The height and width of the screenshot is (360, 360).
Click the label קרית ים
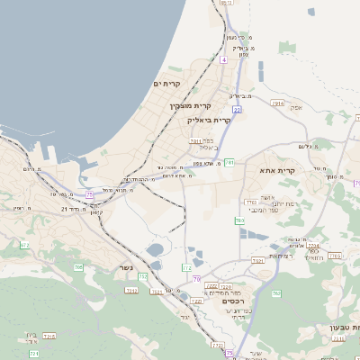coord(166,83)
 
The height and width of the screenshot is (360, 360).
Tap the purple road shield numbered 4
coord(222,59)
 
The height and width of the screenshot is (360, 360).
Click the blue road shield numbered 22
coord(237,110)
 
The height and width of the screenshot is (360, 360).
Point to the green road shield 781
coord(230,163)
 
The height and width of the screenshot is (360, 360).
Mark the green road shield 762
coord(276,293)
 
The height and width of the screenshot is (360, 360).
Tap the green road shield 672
coord(24,245)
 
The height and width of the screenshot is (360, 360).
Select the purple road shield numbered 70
coord(195,279)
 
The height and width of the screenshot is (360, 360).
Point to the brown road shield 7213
coord(131,291)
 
